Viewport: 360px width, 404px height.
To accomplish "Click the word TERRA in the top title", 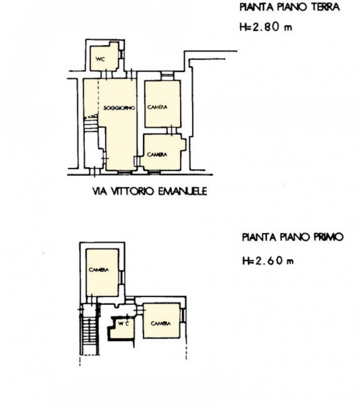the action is (x=325, y=7).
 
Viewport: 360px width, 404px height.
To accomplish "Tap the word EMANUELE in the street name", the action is (x=182, y=191).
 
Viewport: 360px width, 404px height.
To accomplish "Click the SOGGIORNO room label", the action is (x=119, y=108).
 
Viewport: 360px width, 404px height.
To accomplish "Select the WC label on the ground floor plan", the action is (x=100, y=59).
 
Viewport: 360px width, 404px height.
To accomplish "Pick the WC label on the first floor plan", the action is (x=124, y=323).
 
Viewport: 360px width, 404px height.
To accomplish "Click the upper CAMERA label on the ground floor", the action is (x=157, y=107).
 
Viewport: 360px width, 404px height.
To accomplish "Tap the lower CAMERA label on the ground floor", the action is (x=157, y=155).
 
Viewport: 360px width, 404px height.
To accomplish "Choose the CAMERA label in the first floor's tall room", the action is (x=99, y=270).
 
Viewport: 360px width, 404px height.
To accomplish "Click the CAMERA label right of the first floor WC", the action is (x=161, y=323).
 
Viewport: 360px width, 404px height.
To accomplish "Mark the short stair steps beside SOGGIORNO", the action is (x=91, y=125).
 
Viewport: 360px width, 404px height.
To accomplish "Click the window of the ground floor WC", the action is (x=122, y=54).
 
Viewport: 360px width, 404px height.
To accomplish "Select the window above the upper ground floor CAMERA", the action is (x=167, y=75).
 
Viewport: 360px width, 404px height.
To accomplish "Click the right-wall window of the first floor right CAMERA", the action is (x=183, y=315).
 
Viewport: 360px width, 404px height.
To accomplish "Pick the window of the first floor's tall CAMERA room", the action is (x=122, y=277).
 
